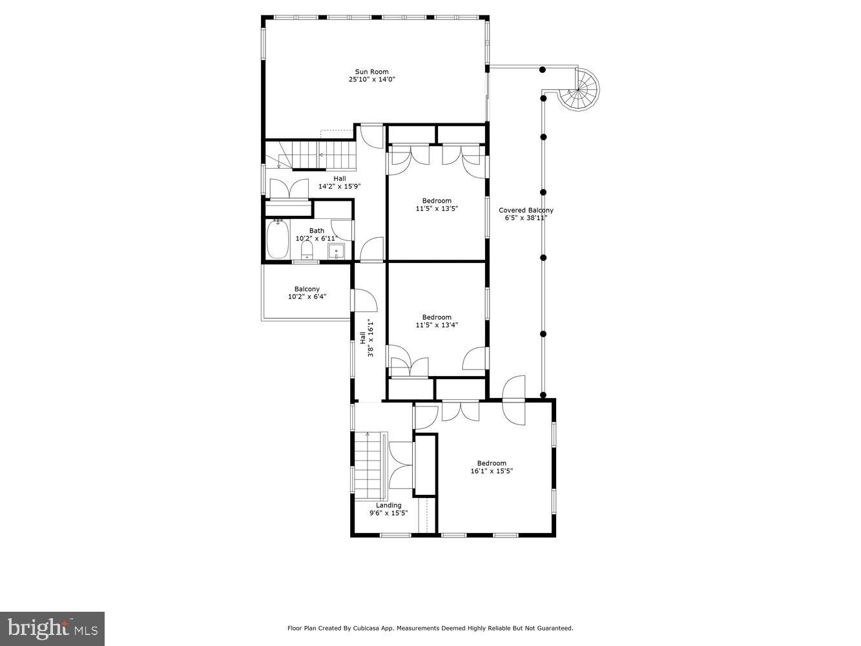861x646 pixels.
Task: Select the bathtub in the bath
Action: pyautogui.click(x=278, y=239)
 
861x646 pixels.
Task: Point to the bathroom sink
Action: pyautogui.click(x=336, y=251)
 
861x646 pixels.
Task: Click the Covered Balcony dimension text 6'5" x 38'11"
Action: pyautogui.click(x=526, y=218)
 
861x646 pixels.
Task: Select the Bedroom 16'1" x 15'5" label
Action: pyautogui.click(x=492, y=467)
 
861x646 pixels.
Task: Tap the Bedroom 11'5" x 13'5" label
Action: pyautogui.click(x=437, y=205)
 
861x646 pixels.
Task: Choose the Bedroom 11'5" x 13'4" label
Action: pyautogui.click(x=437, y=321)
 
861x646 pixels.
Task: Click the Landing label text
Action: pyautogui.click(x=389, y=505)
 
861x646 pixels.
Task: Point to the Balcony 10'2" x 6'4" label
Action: pyautogui.click(x=307, y=293)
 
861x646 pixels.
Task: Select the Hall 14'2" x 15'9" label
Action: pyautogui.click(x=339, y=183)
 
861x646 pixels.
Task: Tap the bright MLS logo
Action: pyautogui.click(x=52, y=628)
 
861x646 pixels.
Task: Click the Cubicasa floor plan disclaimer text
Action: pyautogui.click(x=430, y=628)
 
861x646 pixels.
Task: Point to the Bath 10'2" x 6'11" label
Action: pyautogui.click(x=316, y=234)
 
